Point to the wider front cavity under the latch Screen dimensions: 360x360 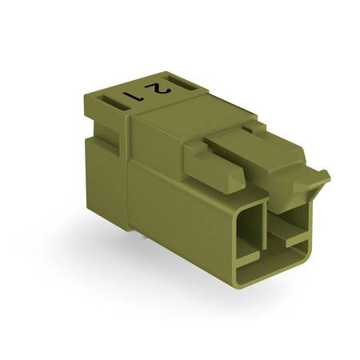[x=290, y=226]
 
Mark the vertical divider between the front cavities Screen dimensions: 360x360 [x=265, y=226]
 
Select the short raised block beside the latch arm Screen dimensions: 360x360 [x=214, y=166]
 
